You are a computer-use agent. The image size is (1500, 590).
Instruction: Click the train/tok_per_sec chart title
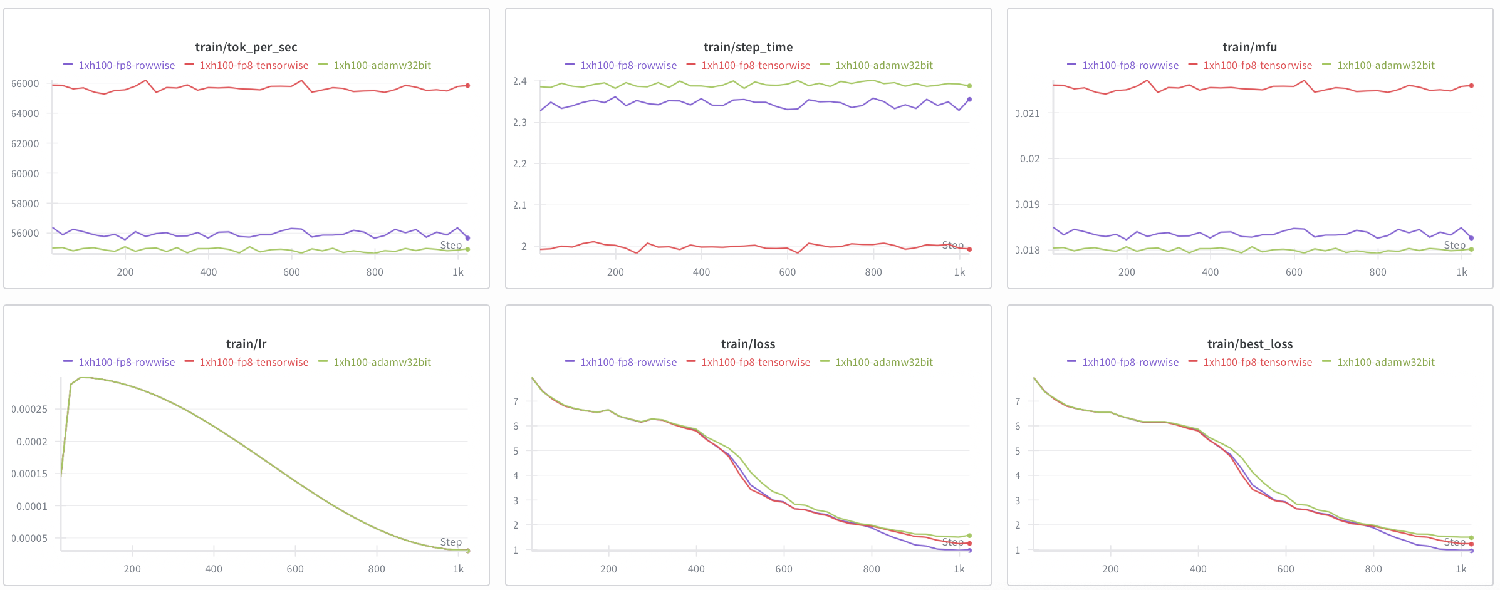click(x=246, y=47)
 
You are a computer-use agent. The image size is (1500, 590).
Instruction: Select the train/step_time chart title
click(x=747, y=47)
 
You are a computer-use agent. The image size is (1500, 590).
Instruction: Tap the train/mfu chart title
click(x=1249, y=47)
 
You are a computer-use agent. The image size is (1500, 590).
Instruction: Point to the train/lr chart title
click(x=246, y=344)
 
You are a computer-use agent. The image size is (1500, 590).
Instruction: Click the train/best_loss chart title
click(x=1249, y=344)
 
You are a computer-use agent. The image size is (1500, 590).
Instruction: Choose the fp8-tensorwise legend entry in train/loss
click(x=755, y=362)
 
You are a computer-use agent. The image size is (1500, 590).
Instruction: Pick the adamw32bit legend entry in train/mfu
click(x=1385, y=65)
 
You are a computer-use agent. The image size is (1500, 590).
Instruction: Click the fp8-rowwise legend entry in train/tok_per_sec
click(x=126, y=65)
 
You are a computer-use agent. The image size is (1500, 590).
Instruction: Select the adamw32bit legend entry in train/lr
click(x=382, y=362)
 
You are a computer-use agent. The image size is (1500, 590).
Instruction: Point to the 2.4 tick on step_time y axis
click(x=519, y=81)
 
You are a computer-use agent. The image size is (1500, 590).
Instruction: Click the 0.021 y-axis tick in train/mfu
click(x=1028, y=113)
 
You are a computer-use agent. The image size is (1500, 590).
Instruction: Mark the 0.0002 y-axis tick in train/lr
click(x=31, y=442)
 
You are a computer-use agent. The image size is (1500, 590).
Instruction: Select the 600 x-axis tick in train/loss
click(x=784, y=569)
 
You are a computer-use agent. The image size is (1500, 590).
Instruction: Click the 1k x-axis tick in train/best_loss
click(x=1461, y=569)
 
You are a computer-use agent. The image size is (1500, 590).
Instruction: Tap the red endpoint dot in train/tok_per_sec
click(x=467, y=85)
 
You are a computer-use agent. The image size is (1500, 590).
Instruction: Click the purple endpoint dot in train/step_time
click(x=969, y=100)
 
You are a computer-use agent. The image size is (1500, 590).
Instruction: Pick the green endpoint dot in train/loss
click(x=969, y=536)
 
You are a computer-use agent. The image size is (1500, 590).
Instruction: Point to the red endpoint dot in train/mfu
click(x=1471, y=85)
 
